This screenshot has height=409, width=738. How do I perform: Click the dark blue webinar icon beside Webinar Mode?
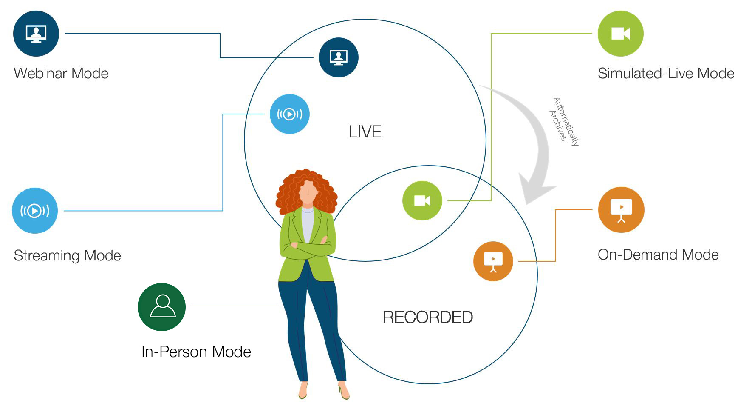click(x=36, y=34)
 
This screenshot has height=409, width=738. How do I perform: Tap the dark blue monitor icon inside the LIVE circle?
click(x=338, y=57)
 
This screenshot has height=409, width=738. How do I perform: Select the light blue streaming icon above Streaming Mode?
click(x=35, y=210)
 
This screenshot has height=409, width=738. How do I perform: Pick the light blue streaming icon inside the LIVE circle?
click(x=289, y=114)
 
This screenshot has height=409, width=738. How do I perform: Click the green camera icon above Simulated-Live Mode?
click(x=620, y=34)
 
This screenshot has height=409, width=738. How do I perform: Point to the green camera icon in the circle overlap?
click(x=422, y=200)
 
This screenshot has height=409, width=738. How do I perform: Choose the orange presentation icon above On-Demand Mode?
click(x=621, y=210)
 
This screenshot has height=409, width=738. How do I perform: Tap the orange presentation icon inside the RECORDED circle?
click(x=493, y=261)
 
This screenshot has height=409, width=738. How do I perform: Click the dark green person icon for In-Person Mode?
click(x=162, y=307)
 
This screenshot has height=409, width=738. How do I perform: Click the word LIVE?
click(x=365, y=132)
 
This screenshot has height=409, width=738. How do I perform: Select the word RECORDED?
click(x=427, y=317)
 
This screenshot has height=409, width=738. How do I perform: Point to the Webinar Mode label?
click(x=61, y=73)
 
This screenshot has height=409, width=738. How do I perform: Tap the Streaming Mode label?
click(x=67, y=255)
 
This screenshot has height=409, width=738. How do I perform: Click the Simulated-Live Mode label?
click(x=666, y=73)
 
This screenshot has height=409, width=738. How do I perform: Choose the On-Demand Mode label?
click(x=658, y=255)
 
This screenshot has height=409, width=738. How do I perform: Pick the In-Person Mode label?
click(x=196, y=352)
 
